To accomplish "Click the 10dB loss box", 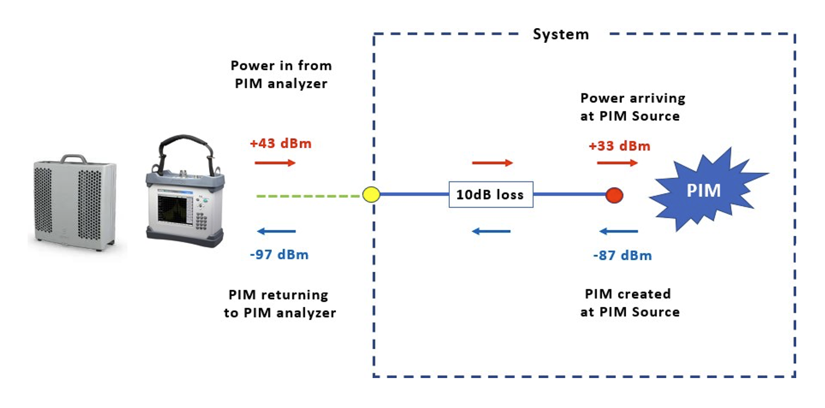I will click(490, 194).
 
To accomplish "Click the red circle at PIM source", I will click(614, 194).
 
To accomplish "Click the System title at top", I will click(560, 35).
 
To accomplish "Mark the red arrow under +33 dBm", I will click(618, 163).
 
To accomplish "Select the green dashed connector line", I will click(308, 195).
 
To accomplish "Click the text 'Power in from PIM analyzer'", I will click(281, 74).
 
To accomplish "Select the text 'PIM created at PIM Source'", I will click(629, 302).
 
